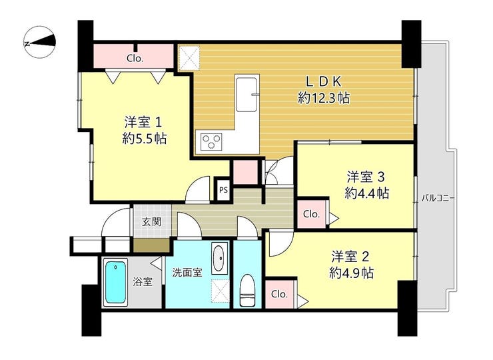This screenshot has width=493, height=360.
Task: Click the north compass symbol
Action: tap(40, 42)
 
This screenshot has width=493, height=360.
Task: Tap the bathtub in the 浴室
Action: tap(116, 282)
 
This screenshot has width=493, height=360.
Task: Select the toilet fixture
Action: tap(248, 290)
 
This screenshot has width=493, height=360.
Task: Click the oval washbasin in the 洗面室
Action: tap(220, 258)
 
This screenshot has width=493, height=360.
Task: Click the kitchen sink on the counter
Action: tap(247, 93)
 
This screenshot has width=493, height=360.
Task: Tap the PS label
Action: tap(224, 190)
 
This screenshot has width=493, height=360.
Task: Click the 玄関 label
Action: tap(151, 222)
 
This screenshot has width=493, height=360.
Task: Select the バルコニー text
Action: tap(438, 199)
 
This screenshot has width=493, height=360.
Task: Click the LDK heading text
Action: tap(324, 81)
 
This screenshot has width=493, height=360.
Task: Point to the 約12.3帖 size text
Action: tap(324, 98)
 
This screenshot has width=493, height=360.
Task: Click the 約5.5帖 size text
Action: tap(145, 138)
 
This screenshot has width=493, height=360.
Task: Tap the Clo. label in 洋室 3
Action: tap(311, 214)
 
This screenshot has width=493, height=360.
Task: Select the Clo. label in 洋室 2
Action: tap(280, 294)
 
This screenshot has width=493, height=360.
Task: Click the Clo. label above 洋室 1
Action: tap(135, 58)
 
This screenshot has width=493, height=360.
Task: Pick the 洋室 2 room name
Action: tap(350, 257)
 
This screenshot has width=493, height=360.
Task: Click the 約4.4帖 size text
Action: tap(366, 193)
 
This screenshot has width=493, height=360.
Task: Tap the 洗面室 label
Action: tap(187, 273)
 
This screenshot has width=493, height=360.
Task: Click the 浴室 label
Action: tap(143, 281)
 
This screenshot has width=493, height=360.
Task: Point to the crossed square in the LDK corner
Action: tap(189, 58)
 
